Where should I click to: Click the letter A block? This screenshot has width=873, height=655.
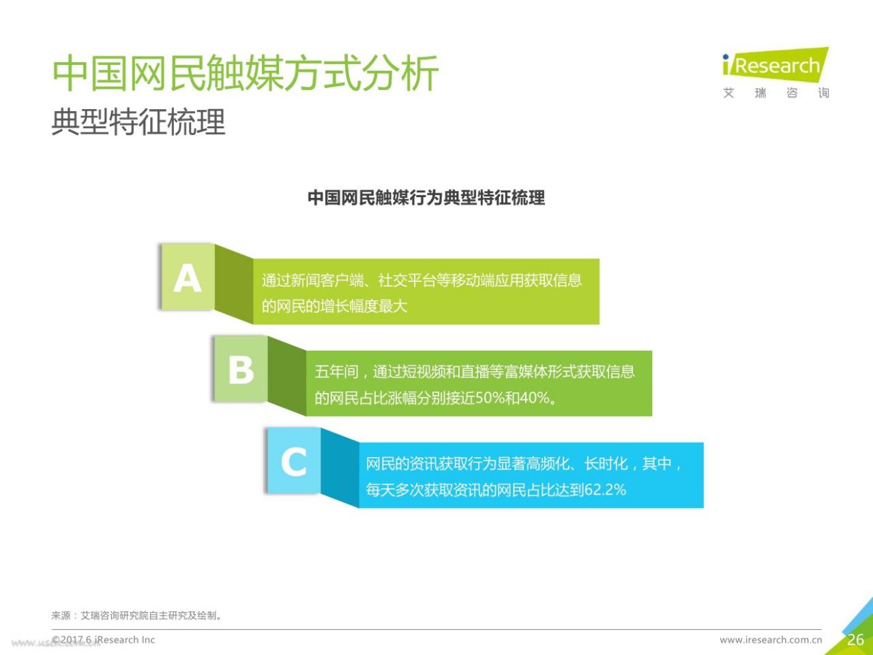(x=188, y=277)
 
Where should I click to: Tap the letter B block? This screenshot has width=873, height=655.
(x=241, y=368)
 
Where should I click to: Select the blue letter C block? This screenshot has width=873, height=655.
(x=293, y=461)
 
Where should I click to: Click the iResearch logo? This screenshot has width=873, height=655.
(x=775, y=65)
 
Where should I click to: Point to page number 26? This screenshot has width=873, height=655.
(x=855, y=639)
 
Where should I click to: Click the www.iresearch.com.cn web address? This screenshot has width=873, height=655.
(x=771, y=640)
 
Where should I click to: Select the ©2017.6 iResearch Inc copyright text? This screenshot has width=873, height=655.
(x=104, y=639)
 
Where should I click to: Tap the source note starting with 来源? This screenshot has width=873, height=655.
(x=136, y=615)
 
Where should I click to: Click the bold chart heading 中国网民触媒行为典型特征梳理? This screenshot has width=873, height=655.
(x=426, y=198)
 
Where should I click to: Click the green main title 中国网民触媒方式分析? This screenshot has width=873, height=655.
(x=246, y=74)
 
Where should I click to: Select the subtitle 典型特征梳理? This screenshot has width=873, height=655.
(x=138, y=121)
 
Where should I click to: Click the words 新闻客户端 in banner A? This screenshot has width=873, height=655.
(x=327, y=280)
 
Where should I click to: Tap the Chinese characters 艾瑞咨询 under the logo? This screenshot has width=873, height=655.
(x=776, y=93)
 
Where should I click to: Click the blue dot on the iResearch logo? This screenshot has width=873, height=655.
(x=726, y=57)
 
